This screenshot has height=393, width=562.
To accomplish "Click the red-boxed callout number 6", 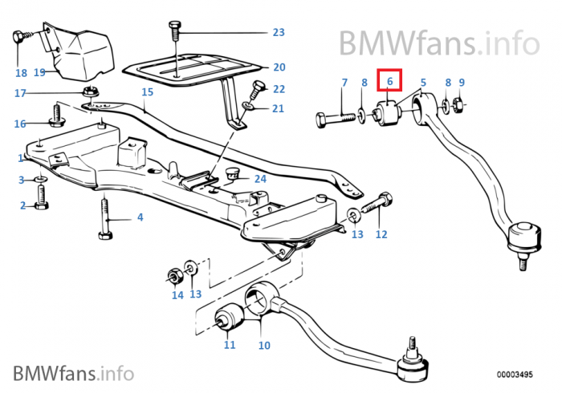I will pyautogui.click(x=389, y=81).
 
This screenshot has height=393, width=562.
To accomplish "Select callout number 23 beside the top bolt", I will pyautogui.click(x=278, y=33).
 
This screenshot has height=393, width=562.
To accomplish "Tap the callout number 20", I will pyautogui.click(x=279, y=67).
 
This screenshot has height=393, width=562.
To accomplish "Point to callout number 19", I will pyautogui.click(x=39, y=72).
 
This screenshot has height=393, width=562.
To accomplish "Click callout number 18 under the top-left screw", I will pyautogui.click(x=21, y=72).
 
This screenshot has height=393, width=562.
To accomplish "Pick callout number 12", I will pyautogui.click(x=381, y=235).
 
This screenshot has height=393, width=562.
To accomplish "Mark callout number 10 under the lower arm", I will pyautogui.click(x=264, y=346).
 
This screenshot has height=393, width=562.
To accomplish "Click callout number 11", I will pyautogui.click(x=230, y=346).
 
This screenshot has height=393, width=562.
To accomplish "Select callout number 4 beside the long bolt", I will pyautogui.click(x=140, y=217).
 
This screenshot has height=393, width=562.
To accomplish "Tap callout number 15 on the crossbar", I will pyautogui.click(x=146, y=92).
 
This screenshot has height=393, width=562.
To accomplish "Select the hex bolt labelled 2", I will pyautogui.click(x=42, y=206).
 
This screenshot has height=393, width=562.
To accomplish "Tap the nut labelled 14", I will pyautogui.click(x=172, y=276).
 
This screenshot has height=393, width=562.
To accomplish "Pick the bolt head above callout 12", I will pyautogui.click(x=383, y=197).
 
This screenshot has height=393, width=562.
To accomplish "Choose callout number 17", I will pyautogui.click(x=21, y=93).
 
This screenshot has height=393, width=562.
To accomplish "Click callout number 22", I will pyautogui.click(x=279, y=89).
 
